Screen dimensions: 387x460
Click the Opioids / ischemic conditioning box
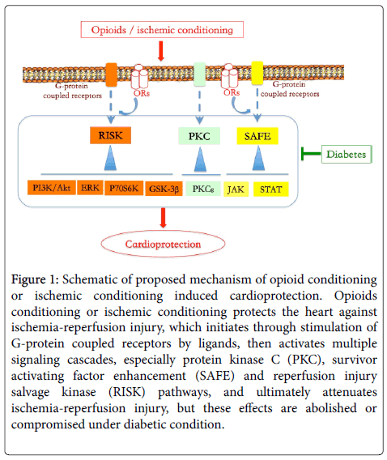(x=162, y=30)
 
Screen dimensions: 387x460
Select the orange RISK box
(x=110, y=135)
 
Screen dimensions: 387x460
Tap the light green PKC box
(x=199, y=136)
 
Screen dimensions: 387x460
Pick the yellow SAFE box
(x=257, y=136)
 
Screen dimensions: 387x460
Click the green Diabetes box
(x=347, y=154)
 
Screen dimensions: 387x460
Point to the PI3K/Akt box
(x=52, y=188)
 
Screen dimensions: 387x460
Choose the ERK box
(x=90, y=187)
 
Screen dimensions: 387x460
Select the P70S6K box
(x=124, y=188)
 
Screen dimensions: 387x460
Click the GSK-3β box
(x=164, y=189)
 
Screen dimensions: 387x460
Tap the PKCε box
(x=203, y=189)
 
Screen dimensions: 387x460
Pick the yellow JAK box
(x=236, y=190)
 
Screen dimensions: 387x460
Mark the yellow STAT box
(x=271, y=190)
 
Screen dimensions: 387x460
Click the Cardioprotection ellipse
(x=163, y=244)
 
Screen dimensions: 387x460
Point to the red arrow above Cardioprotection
(x=163, y=218)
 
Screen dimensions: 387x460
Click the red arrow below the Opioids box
(x=160, y=51)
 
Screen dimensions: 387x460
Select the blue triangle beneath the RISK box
(x=111, y=159)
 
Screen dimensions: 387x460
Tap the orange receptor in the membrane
(x=111, y=75)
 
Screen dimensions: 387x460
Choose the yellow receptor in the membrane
(x=257, y=73)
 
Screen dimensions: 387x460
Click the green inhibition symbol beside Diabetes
(x=311, y=153)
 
